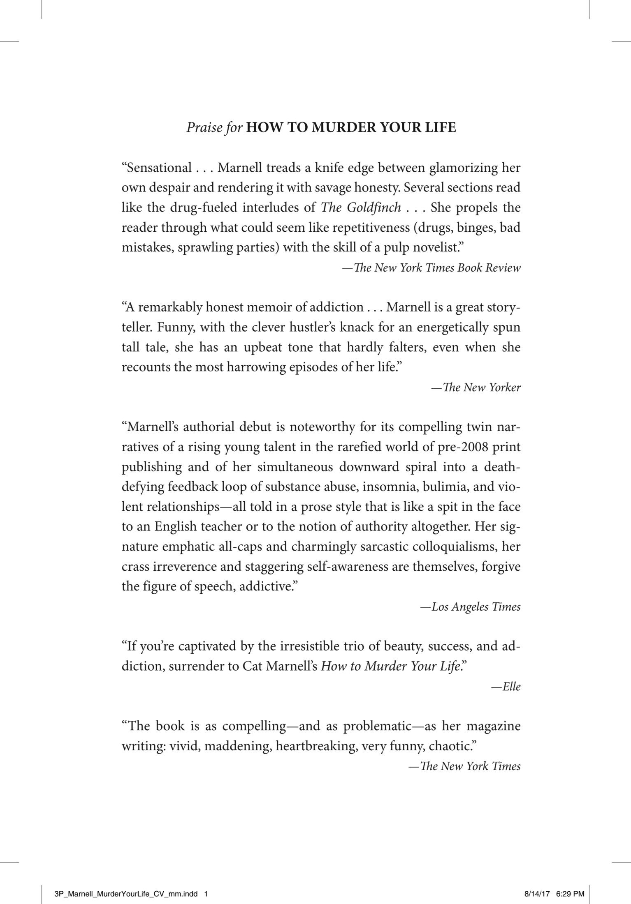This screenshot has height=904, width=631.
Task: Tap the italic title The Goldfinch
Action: tap(360, 207)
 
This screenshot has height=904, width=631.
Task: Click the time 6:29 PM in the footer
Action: tap(570, 892)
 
